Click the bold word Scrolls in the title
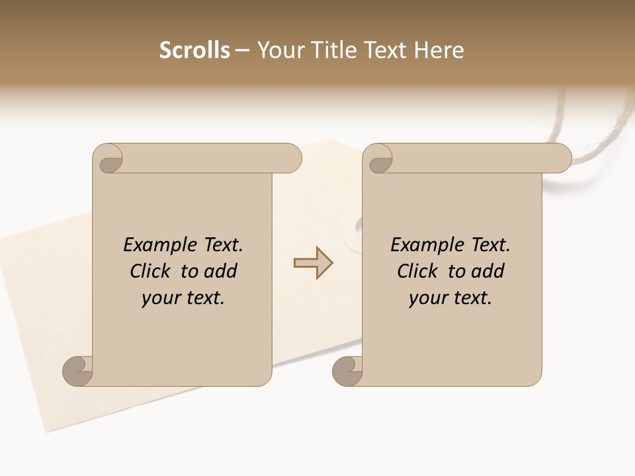[x=194, y=50]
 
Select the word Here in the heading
[x=440, y=50]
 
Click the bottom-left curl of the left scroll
[x=77, y=372]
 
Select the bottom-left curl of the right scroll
[x=347, y=372]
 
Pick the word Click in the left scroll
[x=151, y=271]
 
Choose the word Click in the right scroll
[x=417, y=271]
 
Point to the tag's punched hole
[x=358, y=227]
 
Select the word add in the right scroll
[x=487, y=271]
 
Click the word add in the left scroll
[x=220, y=271]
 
